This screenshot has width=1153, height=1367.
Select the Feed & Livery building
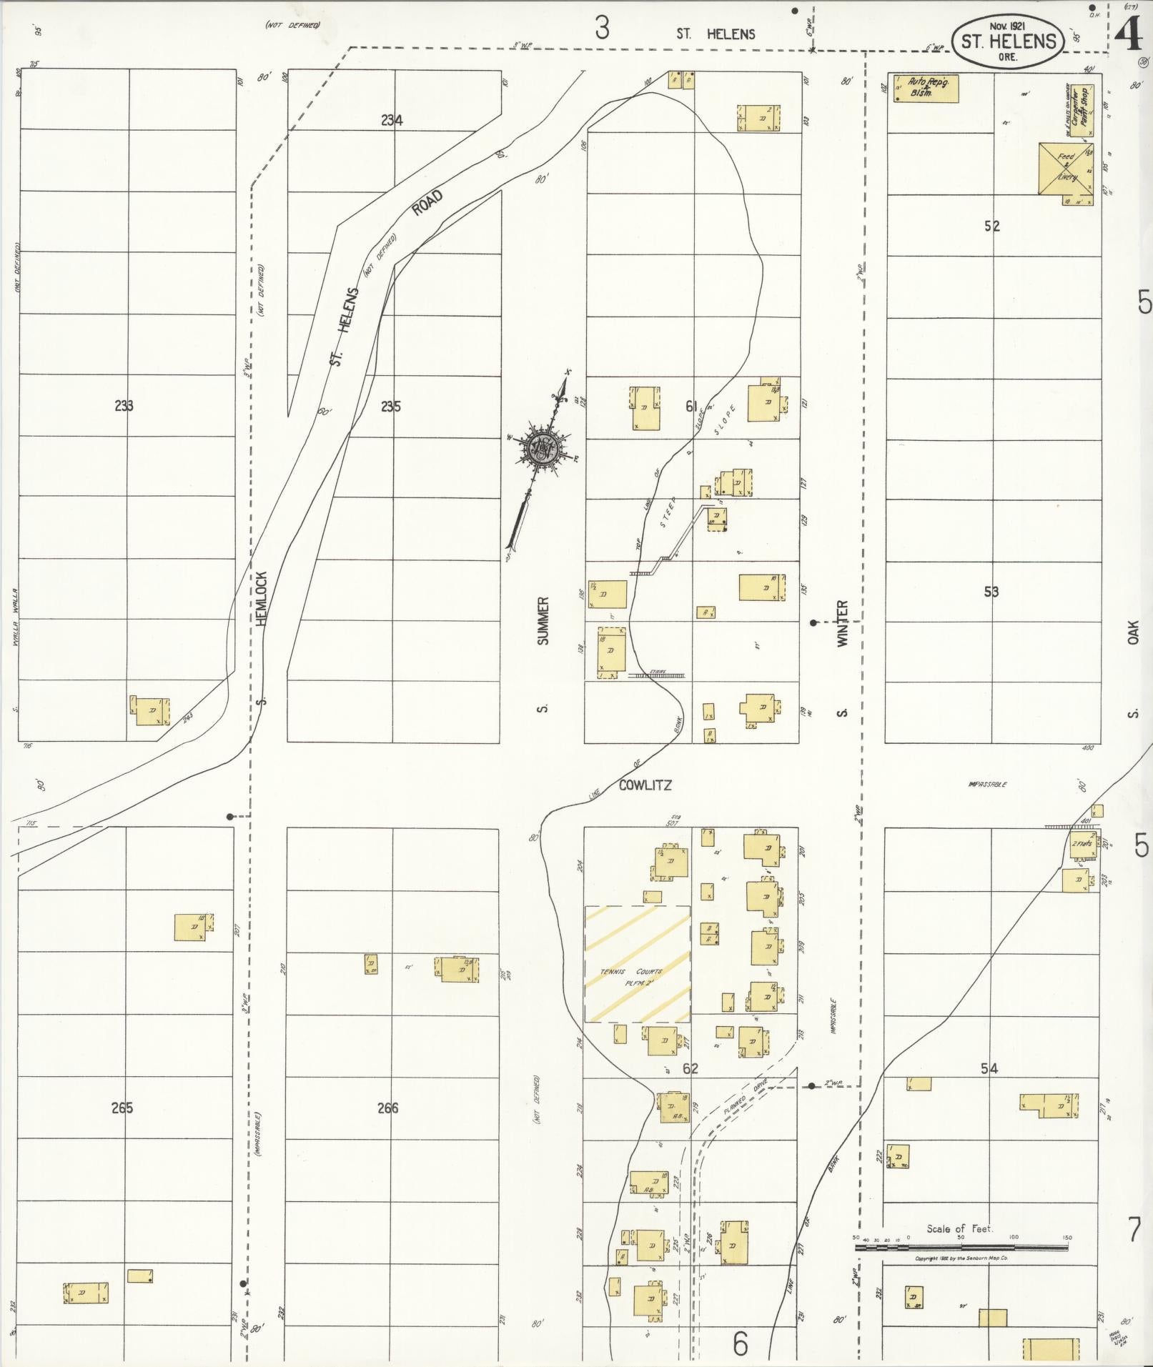coord(1066,169)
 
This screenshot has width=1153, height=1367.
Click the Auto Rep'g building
coord(925,87)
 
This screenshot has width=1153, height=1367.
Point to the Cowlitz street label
coord(645,785)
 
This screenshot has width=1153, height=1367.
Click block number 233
coord(124,406)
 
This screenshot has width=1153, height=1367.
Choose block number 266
coord(387,1108)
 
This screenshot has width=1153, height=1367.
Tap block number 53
coord(991,592)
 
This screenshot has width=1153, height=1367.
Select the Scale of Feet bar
coord(961,1247)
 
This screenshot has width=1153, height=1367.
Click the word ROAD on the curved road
coord(427,204)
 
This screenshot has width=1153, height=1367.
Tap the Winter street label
coord(842,623)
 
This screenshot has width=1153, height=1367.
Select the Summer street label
coord(543,620)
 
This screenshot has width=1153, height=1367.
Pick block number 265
coord(122,1108)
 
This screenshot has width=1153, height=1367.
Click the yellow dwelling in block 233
coord(150,711)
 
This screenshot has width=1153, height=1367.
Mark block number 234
coord(392,121)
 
